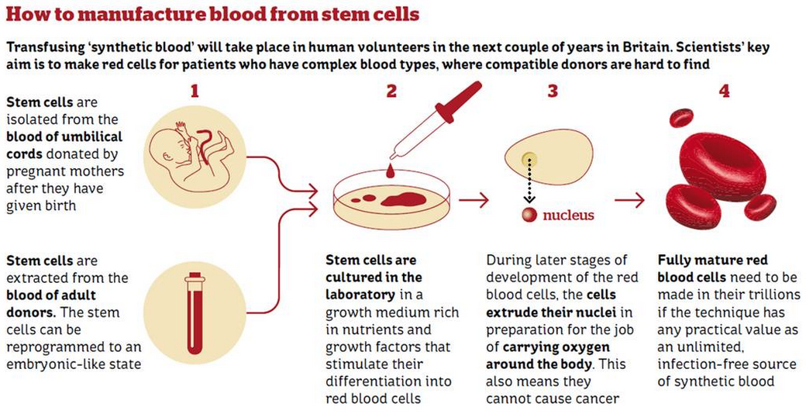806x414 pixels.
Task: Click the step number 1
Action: (195, 91)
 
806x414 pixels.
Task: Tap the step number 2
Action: (391, 91)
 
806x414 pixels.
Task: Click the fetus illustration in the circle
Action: (191, 150)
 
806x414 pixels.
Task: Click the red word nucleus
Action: (569, 215)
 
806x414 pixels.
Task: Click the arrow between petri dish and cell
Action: (478, 200)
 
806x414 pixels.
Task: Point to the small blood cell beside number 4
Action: (680, 118)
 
